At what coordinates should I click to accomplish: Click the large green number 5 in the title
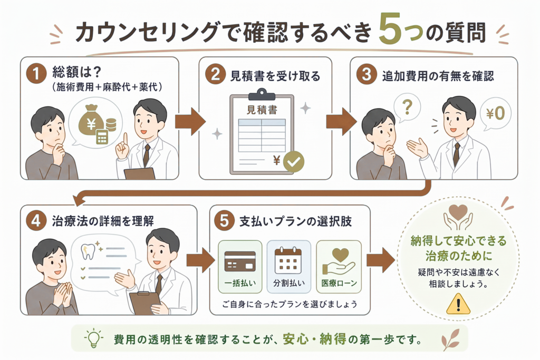pos(390,30)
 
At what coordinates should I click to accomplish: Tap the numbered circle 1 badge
pos(36,74)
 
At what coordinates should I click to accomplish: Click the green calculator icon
pos(102,137)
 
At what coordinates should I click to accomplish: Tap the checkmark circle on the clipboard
pos(293,161)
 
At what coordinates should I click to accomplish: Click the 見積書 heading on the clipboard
pos(262,110)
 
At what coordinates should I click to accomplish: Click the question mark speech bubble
pos(407,108)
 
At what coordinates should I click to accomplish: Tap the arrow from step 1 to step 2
pos(190,121)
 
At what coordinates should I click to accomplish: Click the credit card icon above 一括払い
pos(240,261)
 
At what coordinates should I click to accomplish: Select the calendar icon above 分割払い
pos(288,260)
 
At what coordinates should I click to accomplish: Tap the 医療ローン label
pos(339,283)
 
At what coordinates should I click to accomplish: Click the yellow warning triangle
pos(458,304)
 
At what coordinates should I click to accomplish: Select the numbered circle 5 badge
pos(224,220)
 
